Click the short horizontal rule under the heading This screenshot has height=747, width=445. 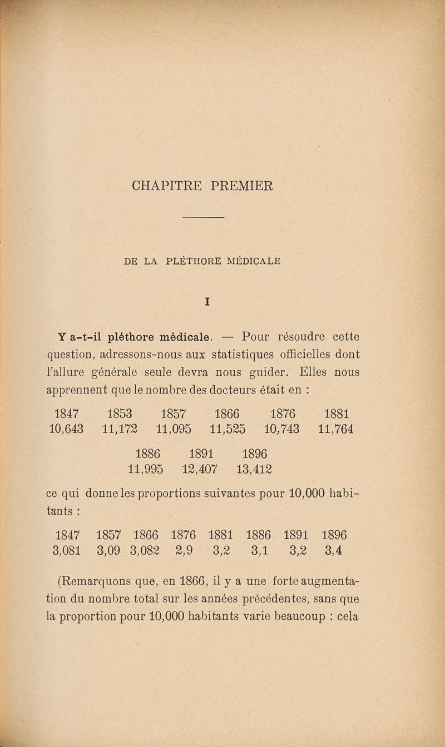click(x=203, y=217)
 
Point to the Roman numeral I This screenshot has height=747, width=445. click(x=206, y=302)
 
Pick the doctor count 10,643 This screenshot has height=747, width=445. click(x=66, y=429)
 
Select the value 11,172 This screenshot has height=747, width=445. click(x=120, y=429)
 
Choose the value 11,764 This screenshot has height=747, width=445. click(x=336, y=429)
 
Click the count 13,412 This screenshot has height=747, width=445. click(x=254, y=469)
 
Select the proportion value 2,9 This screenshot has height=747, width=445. click(x=184, y=551)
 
